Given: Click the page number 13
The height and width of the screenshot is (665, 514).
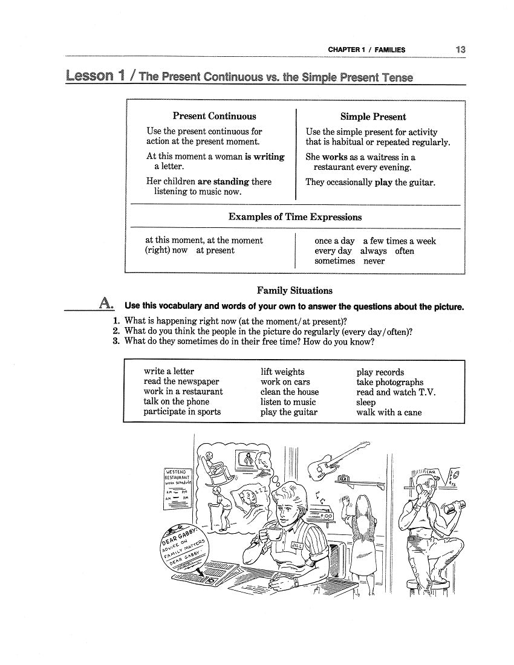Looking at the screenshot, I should coord(460,50).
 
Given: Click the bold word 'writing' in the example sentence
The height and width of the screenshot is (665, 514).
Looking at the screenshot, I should coord(269,157).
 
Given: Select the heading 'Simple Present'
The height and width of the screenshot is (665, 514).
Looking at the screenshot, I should coord(372,117).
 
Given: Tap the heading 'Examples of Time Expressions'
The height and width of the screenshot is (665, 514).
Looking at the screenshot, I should coord(294,216).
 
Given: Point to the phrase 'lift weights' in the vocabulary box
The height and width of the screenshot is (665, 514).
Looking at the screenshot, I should coord(282,372).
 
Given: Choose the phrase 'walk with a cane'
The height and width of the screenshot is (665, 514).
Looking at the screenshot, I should coord(389,412).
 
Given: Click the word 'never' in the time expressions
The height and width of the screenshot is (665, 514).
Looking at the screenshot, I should coord(374,261).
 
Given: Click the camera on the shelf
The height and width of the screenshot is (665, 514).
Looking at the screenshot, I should coord(344,479).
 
